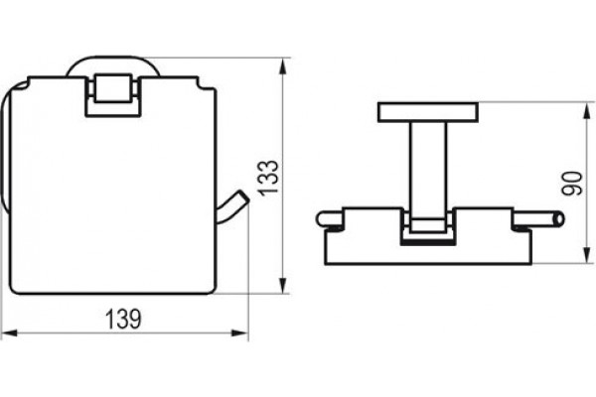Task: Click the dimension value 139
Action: [123, 320]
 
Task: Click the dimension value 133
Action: [268, 179]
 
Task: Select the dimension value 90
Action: [572, 184]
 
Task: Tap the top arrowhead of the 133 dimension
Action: [282, 66]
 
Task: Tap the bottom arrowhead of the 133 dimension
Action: [282, 285]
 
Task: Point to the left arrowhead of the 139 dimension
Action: [10, 333]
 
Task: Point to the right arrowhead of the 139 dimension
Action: [239, 333]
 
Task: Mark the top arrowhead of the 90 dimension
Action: [586, 110]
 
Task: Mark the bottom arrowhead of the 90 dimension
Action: [586, 255]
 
